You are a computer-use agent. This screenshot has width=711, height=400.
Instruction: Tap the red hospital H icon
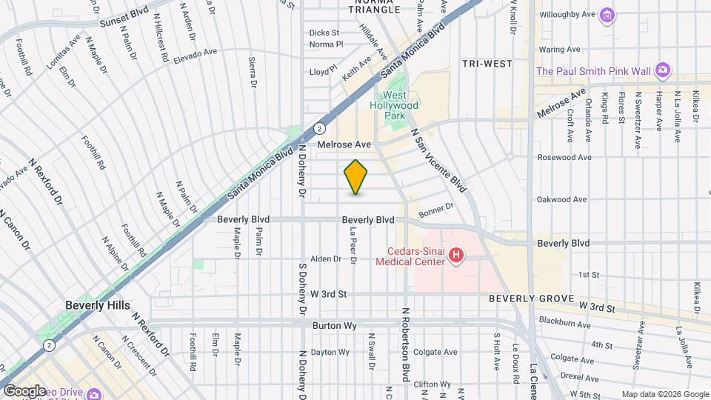[x=456, y=256]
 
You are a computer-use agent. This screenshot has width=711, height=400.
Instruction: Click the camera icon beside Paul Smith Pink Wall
[x=663, y=71]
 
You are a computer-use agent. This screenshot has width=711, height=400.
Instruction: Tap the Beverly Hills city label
[x=97, y=305]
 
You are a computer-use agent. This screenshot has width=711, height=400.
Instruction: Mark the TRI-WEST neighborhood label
[x=487, y=64]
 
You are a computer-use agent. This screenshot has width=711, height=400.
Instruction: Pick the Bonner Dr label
[x=435, y=212]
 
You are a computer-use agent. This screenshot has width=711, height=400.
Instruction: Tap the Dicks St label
[x=324, y=33]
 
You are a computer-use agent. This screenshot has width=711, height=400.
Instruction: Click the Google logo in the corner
[x=24, y=390]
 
